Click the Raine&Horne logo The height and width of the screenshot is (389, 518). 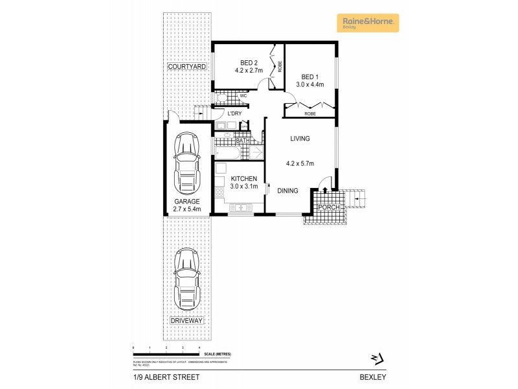[x=368, y=23]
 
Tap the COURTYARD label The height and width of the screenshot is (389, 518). [x=186, y=67]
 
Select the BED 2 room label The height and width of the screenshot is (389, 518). [x=240, y=63]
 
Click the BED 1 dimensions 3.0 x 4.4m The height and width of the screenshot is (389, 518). [x=310, y=84]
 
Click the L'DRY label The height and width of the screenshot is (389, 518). [x=234, y=113]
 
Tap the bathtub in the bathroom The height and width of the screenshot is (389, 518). [x=228, y=153]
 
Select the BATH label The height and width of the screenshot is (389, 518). [x=242, y=141]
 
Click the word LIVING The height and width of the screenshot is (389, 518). [x=300, y=138]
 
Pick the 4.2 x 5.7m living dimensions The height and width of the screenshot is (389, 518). [x=300, y=163]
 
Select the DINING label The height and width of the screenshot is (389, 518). [x=287, y=191]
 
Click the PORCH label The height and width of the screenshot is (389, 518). [x=328, y=207]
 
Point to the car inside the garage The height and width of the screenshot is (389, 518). [x=186, y=163]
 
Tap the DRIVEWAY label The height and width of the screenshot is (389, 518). [x=186, y=321]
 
